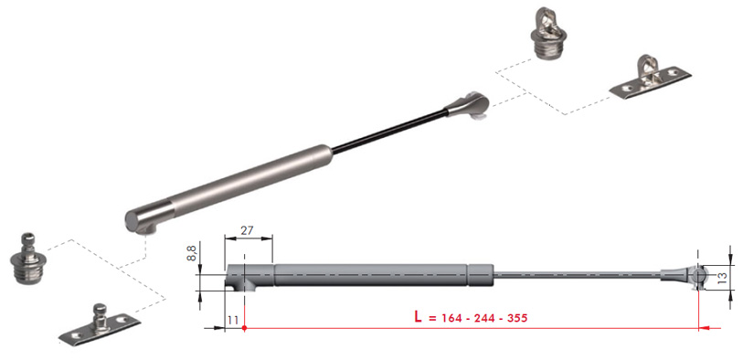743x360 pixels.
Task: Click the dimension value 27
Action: [x=247, y=230]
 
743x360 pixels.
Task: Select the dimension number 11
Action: [x=233, y=320]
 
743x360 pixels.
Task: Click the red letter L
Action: [x=418, y=317]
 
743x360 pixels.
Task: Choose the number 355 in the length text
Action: [x=517, y=318]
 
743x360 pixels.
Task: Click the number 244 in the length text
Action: [x=483, y=318]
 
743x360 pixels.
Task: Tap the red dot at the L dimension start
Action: [x=244, y=327]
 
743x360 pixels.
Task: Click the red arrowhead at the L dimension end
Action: [x=705, y=327]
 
